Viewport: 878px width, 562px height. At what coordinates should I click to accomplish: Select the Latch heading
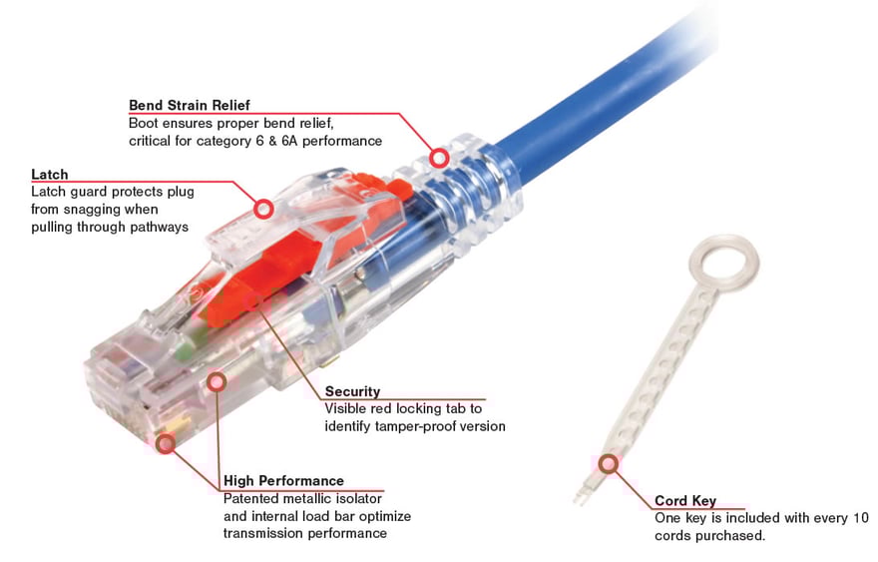point(50,175)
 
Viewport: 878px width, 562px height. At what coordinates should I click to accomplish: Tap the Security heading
point(352,391)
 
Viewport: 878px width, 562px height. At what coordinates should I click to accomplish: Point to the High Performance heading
point(283,480)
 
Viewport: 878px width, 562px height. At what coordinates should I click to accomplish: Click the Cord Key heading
point(684,500)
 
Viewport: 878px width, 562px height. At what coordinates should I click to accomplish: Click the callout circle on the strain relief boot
point(437,158)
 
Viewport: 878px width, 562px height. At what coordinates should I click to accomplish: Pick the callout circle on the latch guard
point(263,209)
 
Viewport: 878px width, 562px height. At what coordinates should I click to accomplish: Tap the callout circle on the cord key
point(608,463)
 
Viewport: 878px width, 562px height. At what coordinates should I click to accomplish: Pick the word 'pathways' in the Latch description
point(160,228)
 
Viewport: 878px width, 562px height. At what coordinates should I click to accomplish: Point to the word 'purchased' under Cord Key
point(731,536)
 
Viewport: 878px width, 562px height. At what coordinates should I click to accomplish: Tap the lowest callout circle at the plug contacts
point(166,443)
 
